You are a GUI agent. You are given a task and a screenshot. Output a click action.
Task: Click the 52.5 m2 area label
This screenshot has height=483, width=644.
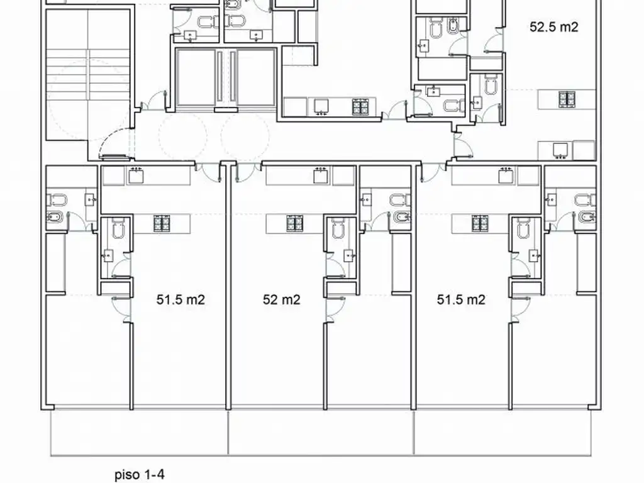(x=553, y=28)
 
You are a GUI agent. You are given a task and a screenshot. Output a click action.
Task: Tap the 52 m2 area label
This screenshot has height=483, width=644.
(x=281, y=300)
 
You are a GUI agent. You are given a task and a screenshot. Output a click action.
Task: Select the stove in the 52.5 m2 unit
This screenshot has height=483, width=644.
(x=567, y=98)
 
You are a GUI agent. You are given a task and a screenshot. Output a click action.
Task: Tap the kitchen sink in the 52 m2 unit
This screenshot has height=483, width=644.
(x=322, y=175)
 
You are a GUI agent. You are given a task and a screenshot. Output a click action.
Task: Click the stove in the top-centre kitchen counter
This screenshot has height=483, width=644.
(x=362, y=107)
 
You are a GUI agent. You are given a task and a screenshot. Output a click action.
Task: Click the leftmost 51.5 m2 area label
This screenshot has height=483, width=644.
(x=180, y=300)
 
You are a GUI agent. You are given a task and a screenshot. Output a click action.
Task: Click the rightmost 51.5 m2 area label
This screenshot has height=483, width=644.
(x=461, y=300)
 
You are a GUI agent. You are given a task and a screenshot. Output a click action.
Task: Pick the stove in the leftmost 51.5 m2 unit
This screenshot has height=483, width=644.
(x=162, y=223)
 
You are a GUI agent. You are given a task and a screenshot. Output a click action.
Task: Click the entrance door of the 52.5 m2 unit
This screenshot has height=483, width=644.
(x=464, y=148)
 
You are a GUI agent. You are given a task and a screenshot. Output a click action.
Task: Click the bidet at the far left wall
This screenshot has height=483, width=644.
(x=53, y=218)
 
